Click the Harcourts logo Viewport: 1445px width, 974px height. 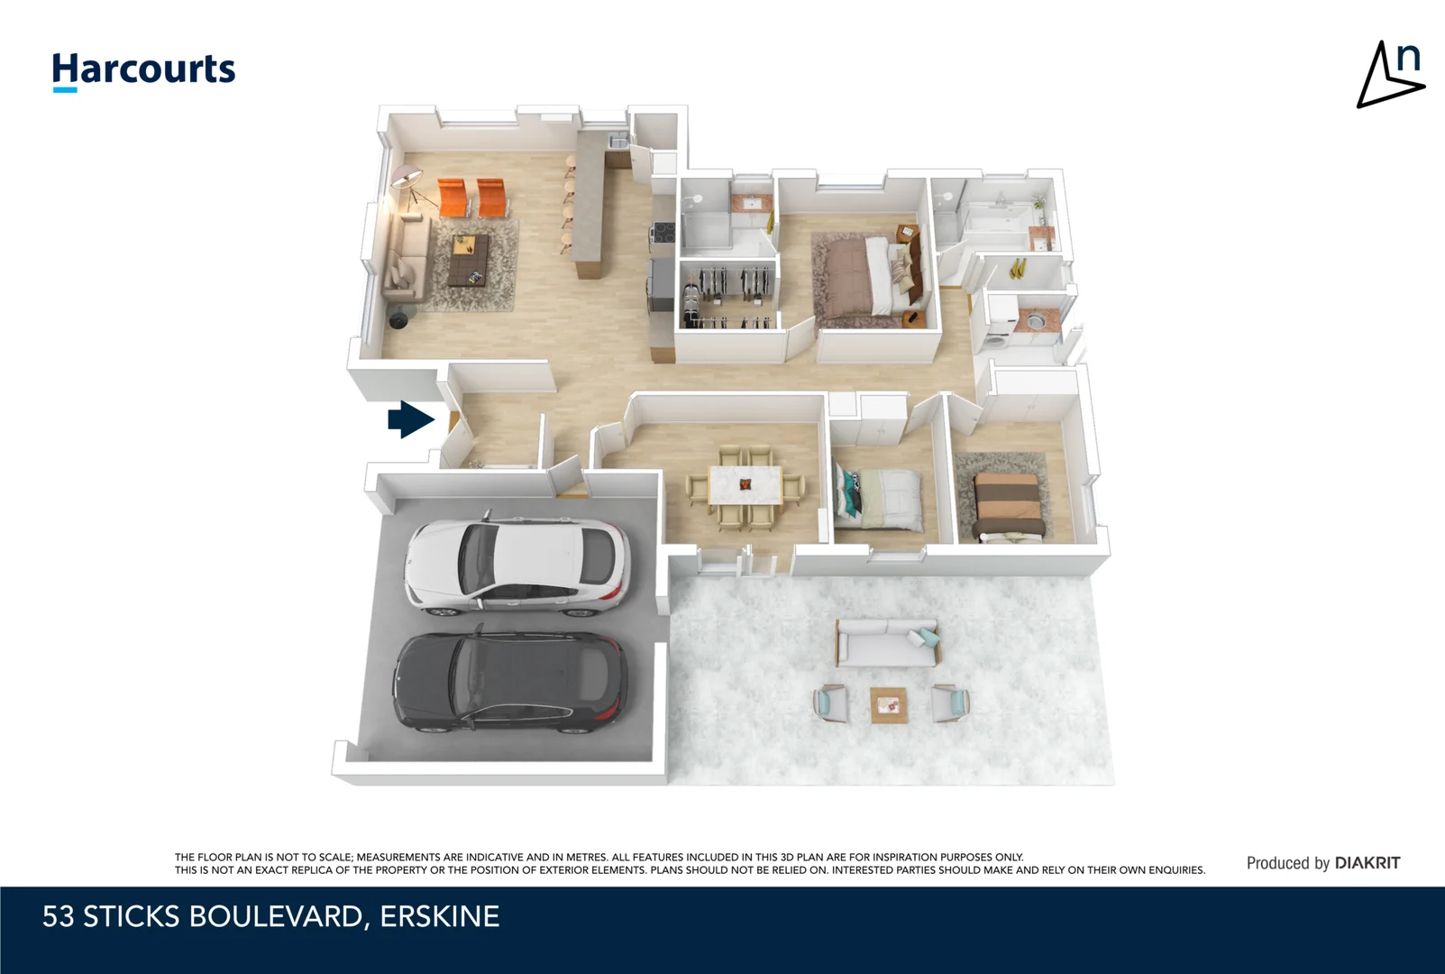point(143,70)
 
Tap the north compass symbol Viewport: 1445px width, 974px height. point(1389,75)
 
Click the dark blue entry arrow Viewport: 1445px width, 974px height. point(410,419)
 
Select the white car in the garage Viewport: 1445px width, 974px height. point(517,565)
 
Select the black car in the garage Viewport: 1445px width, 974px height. point(509,683)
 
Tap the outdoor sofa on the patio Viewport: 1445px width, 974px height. point(887,643)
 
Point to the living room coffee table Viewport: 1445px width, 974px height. point(469,260)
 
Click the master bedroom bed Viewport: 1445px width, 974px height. point(865,275)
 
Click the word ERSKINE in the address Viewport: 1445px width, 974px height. point(439,916)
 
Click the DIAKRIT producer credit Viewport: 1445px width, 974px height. point(1367,863)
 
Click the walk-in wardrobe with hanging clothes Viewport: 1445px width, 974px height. point(727,294)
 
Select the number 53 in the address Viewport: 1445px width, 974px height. point(59,916)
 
